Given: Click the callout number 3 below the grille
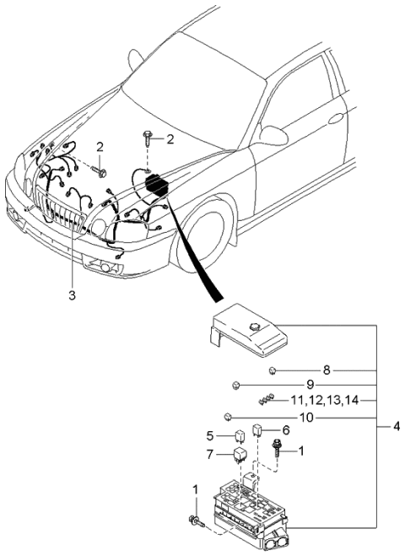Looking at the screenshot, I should [72, 295].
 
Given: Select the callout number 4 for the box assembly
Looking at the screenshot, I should [396, 426].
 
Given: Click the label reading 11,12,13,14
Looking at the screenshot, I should [324, 400].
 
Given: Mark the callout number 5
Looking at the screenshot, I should [211, 436].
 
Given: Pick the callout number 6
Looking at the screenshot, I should [284, 430].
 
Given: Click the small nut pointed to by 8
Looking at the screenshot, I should [273, 370].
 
